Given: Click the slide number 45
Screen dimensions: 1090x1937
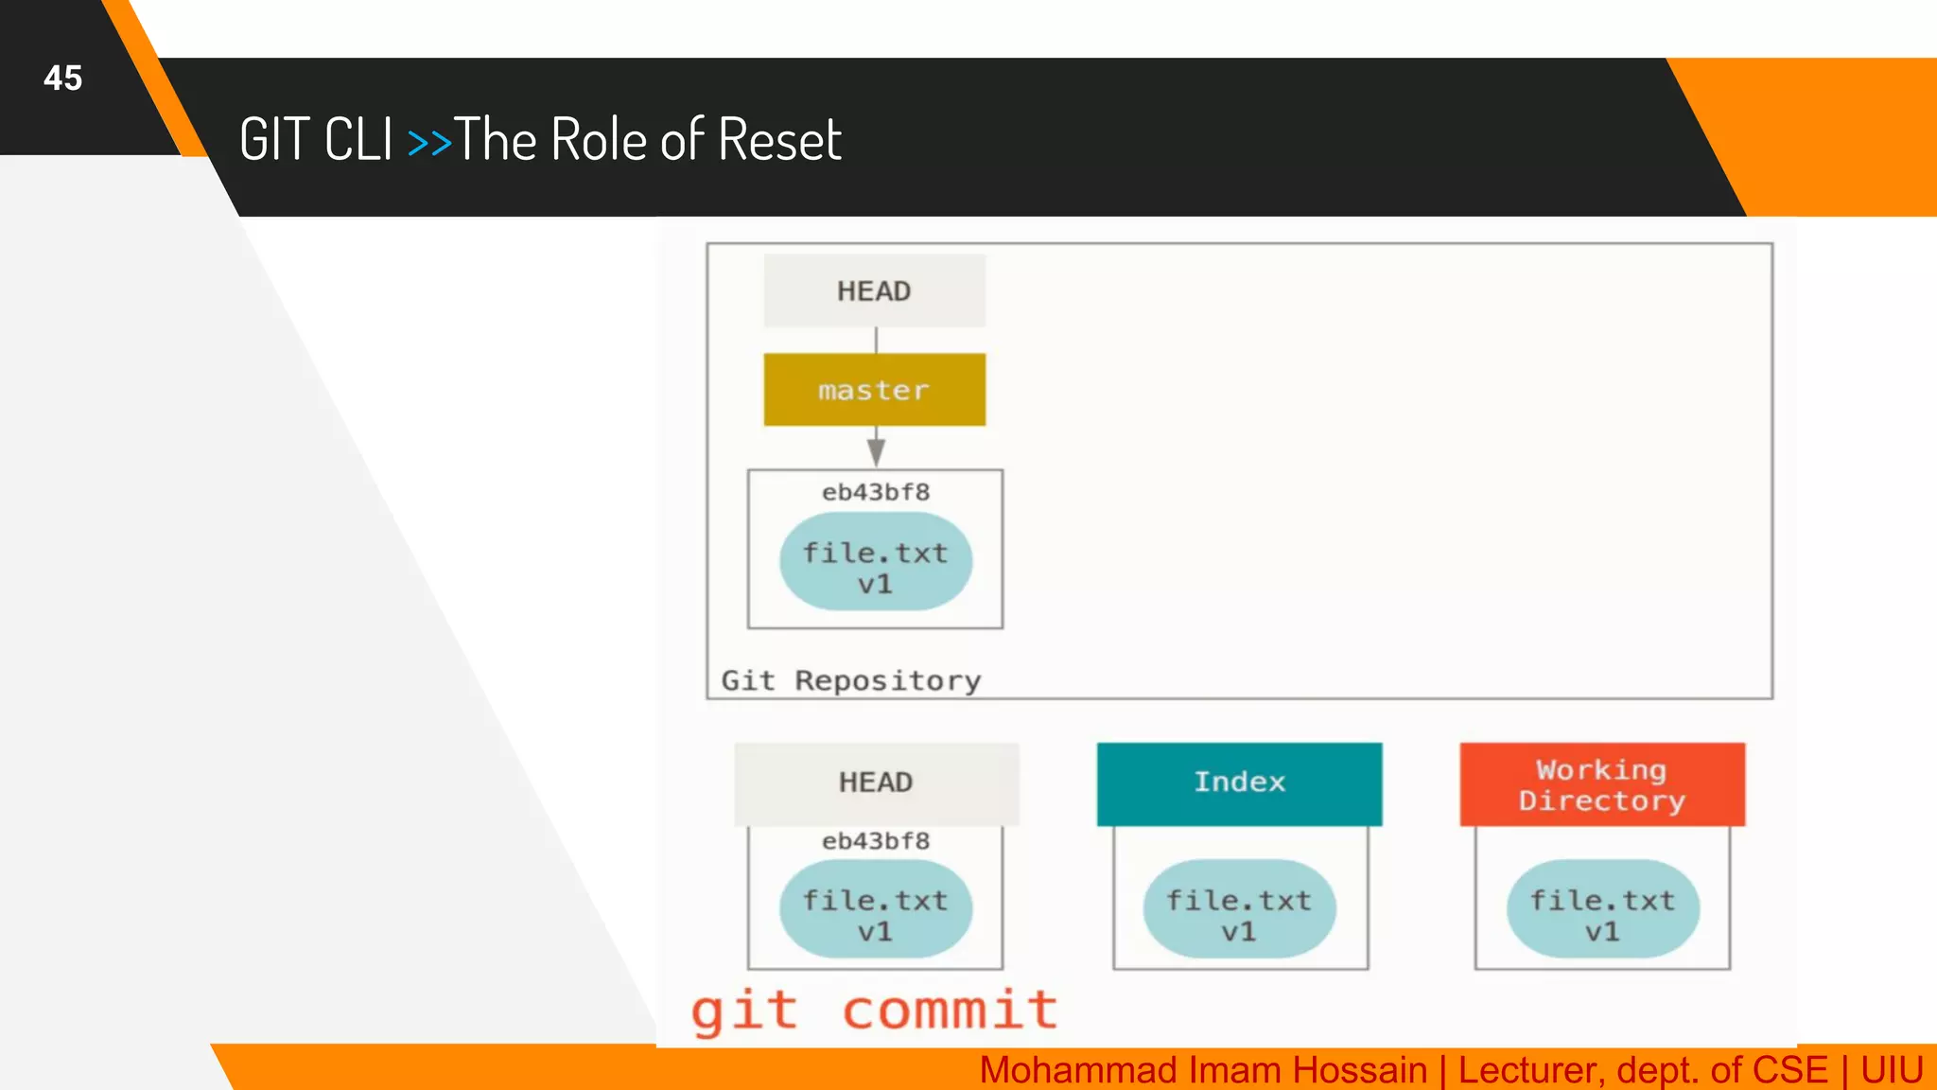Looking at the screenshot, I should tap(63, 78).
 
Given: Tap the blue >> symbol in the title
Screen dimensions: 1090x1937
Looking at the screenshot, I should tap(429, 142).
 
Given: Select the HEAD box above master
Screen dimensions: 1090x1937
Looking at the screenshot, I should tap(874, 290).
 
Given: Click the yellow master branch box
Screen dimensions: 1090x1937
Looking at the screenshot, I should tap(874, 390).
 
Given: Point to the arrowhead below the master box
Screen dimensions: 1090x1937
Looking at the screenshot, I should tap(876, 452).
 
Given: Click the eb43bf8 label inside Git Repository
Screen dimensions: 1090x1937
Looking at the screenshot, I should tap(876, 492).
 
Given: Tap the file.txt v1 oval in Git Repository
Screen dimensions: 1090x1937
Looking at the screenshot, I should tap(876, 562).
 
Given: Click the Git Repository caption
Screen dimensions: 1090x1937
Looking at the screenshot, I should tap(851, 680).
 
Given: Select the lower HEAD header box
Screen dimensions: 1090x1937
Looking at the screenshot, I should tap(876, 782).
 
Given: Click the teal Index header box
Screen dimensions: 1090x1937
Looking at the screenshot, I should tap(1239, 782).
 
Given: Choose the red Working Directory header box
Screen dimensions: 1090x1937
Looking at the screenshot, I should tap(1602, 784).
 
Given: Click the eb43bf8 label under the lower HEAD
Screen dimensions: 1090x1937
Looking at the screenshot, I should tap(876, 841).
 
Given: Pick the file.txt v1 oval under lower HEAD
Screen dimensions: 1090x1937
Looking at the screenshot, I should tap(876, 909).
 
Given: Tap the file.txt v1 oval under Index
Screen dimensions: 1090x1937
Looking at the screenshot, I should tap(1239, 909).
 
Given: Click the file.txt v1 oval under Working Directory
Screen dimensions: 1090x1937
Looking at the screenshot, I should tap(1602, 909).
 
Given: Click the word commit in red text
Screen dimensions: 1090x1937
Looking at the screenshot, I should tap(950, 1011).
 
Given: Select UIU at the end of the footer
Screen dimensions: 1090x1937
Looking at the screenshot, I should tap(1892, 1070).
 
